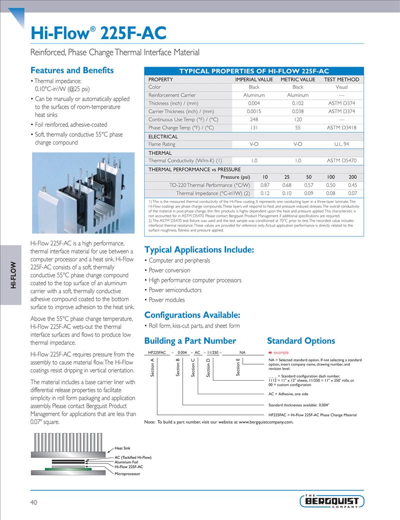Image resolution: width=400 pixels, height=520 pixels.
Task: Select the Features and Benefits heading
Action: (72, 71)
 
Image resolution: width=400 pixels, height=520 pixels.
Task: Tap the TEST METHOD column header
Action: (341, 79)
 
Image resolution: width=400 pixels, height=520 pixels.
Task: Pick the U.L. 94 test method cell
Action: (341, 144)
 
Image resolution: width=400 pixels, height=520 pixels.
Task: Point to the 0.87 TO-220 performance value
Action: (265, 185)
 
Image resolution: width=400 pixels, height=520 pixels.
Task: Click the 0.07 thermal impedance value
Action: (352, 193)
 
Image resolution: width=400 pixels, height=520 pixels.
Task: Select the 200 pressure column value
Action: (352, 177)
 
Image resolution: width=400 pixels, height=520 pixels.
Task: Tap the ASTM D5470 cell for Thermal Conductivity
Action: (341, 161)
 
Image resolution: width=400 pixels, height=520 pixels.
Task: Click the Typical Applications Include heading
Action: (199, 249)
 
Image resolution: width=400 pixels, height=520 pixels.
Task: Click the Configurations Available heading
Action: (192, 315)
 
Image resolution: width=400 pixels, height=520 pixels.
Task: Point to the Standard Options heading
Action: (301, 341)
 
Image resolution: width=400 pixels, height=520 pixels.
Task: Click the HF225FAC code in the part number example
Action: (158, 353)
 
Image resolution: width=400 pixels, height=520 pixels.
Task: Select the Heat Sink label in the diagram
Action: (123, 448)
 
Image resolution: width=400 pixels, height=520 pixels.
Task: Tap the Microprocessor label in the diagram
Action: (127, 473)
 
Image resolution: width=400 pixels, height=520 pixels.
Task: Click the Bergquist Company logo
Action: (332, 500)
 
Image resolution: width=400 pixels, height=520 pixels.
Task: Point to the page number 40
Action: (34, 502)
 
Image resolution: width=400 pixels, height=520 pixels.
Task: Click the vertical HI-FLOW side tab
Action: (14, 275)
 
